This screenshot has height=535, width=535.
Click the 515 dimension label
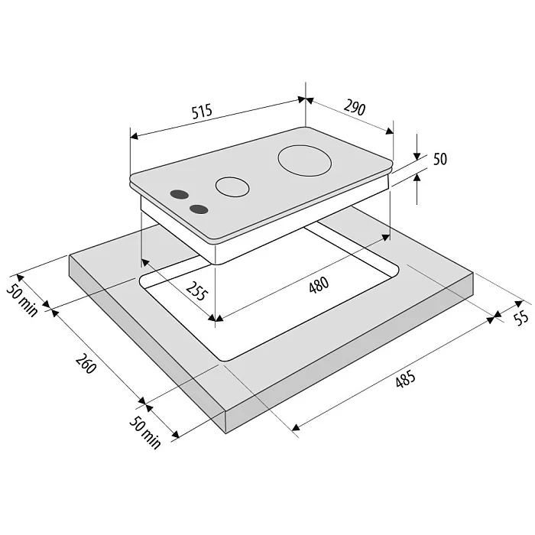202,112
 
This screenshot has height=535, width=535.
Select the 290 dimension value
355,107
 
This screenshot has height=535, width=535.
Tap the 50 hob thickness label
440,159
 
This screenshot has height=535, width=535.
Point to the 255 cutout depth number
197,291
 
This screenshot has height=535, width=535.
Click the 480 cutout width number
319,285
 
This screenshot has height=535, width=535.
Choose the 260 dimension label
86,364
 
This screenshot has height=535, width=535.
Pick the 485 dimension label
406,379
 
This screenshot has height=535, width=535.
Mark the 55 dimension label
521,319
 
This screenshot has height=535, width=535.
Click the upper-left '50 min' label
22,300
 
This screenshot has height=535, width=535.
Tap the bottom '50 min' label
145,433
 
